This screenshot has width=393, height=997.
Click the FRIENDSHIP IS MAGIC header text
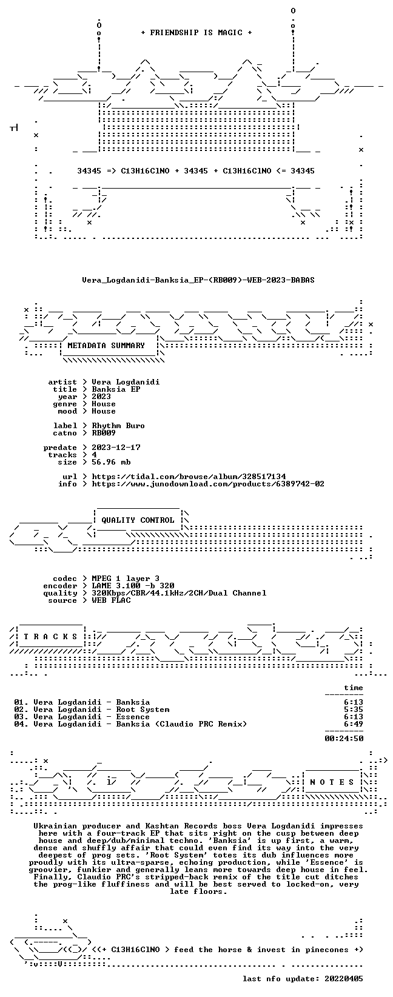(x=196, y=33)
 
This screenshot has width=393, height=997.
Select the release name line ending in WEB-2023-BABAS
(x=198, y=280)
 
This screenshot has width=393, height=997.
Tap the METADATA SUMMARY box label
(x=106, y=346)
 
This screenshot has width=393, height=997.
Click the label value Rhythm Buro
(x=118, y=426)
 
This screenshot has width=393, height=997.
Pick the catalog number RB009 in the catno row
(x=104, y=433)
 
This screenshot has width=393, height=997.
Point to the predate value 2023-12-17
(x=116, y=448)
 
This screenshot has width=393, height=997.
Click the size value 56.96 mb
(x=111, y=462)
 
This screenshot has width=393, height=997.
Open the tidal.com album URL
(x=189, y=477)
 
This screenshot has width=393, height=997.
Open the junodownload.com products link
(x=208, y=484)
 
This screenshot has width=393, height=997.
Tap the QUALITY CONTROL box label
(x=138, y=520)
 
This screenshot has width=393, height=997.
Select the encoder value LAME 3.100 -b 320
(x=133, y=586)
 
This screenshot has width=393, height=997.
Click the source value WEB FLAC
(x=111, y=600)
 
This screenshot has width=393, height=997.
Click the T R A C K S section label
(x=50, y=637)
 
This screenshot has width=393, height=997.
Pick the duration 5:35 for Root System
(x=354, y=710)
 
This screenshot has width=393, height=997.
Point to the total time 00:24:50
(x=344, y=739)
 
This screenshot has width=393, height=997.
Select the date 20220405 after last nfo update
(x=344, y=979)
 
